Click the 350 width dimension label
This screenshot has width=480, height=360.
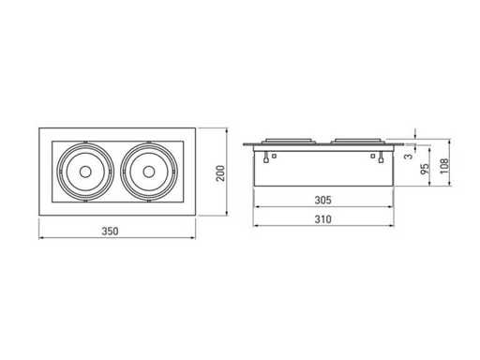pyautogui.click(x=110, y=232)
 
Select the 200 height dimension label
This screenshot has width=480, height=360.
pyautogui.click(x=220, y=173)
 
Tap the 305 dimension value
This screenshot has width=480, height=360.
pyautogui.click(x=322, y=200)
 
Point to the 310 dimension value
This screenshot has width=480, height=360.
pyautogui.click(x=322, y=219)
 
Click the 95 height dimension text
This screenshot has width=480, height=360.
pyautogui.click(x=425, y=169)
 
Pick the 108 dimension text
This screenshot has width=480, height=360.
pyautogui.click(x=444, y=166)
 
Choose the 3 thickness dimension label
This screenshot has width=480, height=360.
pyautogui.click(x=409, y=156)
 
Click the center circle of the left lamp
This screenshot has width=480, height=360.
pyautogui.click(x=85, y=172)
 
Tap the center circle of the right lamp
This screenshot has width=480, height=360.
pyautogui.click(x=148, y=172)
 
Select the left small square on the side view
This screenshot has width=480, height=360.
pyautogui.click(x=274, y=156)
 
